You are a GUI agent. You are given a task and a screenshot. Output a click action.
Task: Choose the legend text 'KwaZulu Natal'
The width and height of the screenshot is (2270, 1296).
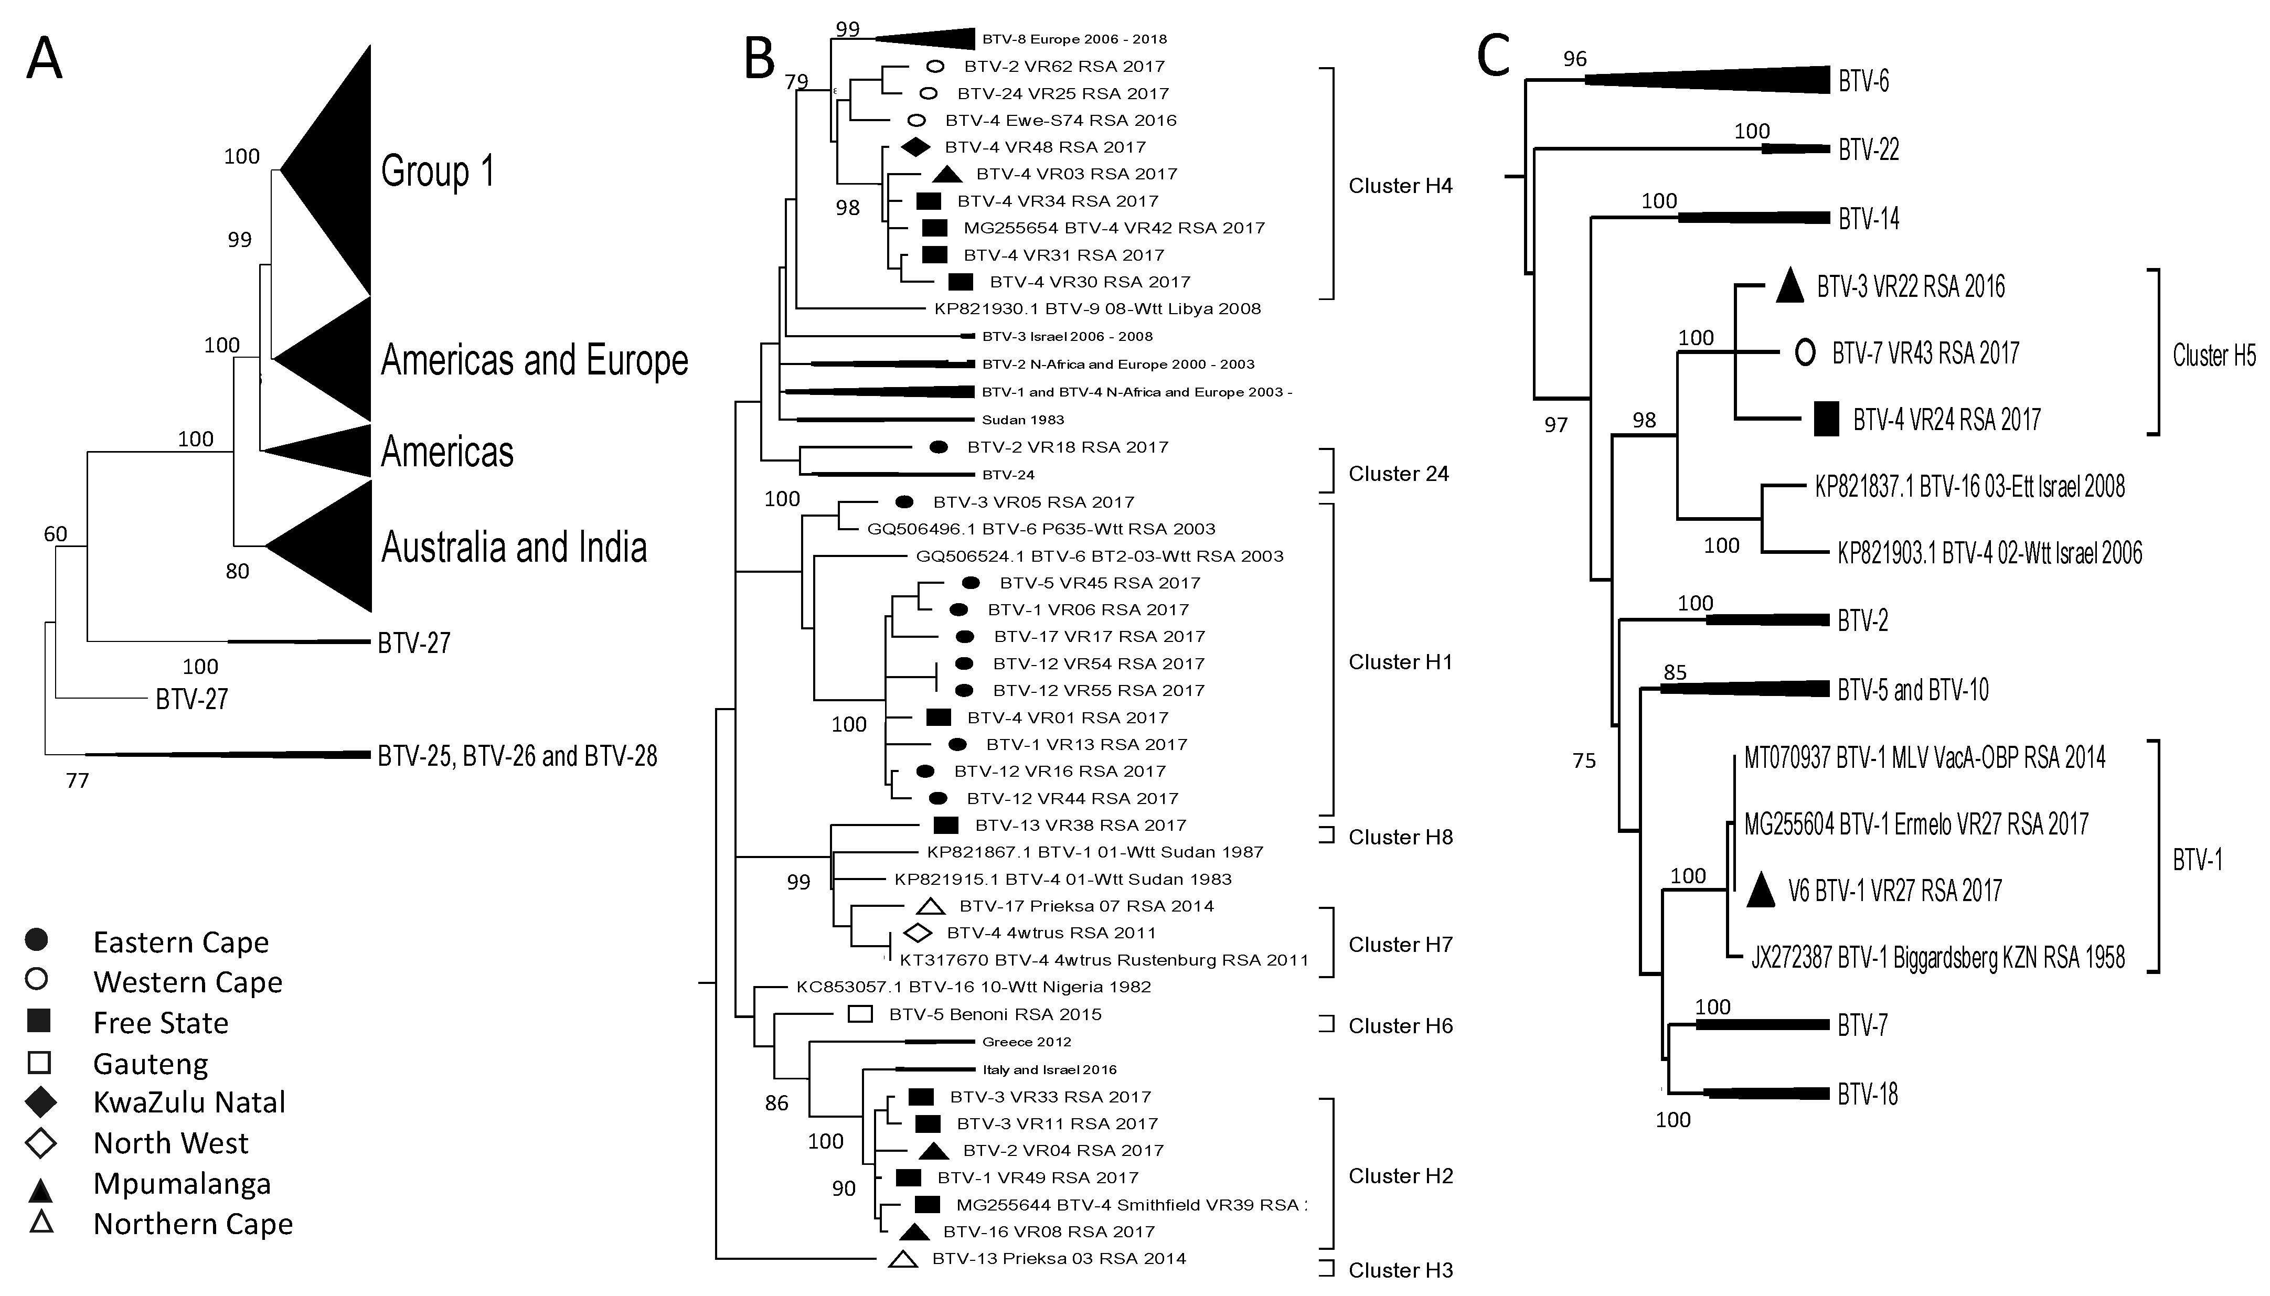[189, 1102]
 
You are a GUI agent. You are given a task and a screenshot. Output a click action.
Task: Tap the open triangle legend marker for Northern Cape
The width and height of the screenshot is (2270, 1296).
[41, 1222]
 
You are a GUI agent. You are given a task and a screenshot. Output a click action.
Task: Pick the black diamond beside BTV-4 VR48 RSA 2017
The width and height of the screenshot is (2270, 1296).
[914, 147]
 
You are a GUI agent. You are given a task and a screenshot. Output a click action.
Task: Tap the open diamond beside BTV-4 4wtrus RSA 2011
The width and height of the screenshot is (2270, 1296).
[917, 933]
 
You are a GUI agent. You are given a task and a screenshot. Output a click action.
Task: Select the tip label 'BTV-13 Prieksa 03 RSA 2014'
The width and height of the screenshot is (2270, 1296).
[1059, 1259]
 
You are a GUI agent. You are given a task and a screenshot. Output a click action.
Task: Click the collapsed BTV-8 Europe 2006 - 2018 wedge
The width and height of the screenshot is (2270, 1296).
[935, 38]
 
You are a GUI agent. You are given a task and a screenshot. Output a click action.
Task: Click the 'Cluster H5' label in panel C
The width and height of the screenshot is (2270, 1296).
[2214, 355]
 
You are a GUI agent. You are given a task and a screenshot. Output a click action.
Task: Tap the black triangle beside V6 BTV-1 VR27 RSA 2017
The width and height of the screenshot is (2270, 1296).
[1760, 890]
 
